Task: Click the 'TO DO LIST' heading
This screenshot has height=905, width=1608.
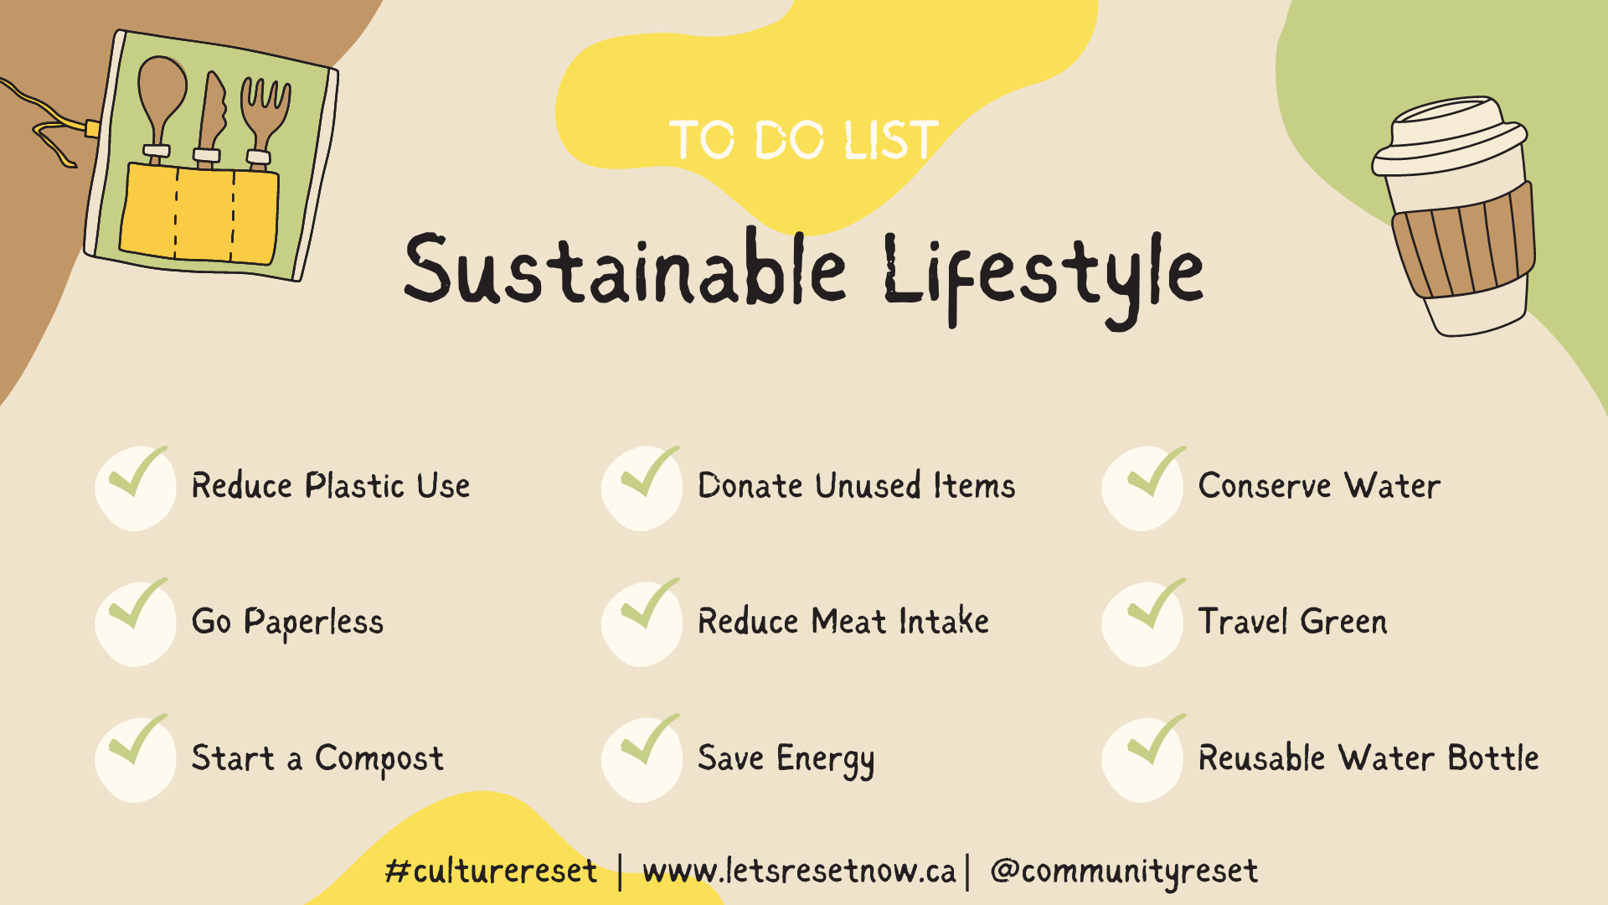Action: pyautogui.click(x=804, y=140)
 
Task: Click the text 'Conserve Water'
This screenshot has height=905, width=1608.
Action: pyautogui.click(x=1319, y=486)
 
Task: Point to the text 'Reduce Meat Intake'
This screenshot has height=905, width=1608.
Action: pyautogui.click(x=843, y=622)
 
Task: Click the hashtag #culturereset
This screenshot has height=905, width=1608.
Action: pyautogui.click(x=492, y=871)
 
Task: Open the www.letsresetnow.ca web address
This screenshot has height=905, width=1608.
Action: pyautogui.click(x=799, y=871)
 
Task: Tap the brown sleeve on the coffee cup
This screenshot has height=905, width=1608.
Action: pyautogui.click(x=1464, y=240)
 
